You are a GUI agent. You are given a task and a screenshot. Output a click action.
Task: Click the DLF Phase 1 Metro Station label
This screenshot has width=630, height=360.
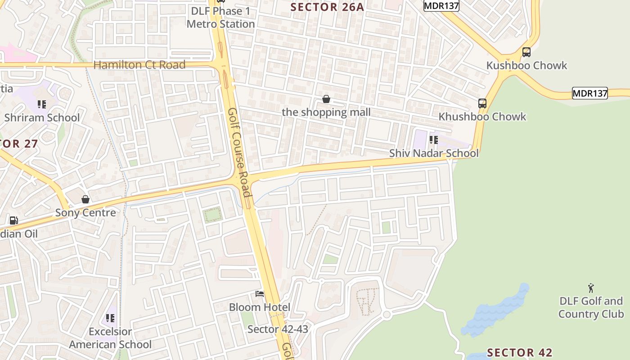pos(220,17)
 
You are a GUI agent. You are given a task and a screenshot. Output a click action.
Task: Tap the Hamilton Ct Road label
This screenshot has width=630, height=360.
pos(139,65)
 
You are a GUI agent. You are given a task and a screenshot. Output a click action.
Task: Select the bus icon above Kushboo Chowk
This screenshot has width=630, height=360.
pos(526,52)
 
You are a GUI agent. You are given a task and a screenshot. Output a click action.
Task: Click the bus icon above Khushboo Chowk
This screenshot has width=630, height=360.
pos(482,103)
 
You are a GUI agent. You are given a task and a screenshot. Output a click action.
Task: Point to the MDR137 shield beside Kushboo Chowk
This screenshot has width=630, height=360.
pos(589,94)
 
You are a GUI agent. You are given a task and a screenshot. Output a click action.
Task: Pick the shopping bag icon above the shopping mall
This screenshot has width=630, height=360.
pos(326,99)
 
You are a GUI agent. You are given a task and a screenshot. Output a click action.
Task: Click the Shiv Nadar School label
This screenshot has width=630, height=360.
pos(434,153)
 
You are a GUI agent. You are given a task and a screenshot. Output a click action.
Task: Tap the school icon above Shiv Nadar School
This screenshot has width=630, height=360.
pos(433,140)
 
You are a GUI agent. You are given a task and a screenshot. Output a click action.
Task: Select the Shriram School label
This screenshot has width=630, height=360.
pos(42,118)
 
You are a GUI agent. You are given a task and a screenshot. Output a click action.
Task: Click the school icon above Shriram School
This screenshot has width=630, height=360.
pos(42,104)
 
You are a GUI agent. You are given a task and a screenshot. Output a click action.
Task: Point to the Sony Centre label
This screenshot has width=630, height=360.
pos(85,212)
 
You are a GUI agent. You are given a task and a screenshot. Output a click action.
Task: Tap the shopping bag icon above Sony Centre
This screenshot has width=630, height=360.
pos(85,199)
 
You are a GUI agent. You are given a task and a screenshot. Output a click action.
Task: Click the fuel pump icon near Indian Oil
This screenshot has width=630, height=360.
pos(14,220)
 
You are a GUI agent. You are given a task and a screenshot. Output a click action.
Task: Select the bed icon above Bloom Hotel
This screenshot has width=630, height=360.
pos(260,294)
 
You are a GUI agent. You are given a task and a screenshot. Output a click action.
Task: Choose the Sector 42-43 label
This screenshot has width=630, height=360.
pos(278,329)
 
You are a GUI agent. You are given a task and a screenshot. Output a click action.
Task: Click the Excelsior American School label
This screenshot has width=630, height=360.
pos(110,338)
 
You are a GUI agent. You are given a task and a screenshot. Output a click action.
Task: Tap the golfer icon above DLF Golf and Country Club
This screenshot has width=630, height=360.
pos(591,288)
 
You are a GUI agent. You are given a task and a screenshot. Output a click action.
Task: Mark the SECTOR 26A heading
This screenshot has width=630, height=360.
pos(327,7)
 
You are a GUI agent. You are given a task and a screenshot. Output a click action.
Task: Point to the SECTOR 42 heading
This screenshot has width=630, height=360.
pos(520,352)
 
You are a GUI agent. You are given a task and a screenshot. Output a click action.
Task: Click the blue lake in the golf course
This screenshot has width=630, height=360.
pos(495,310)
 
